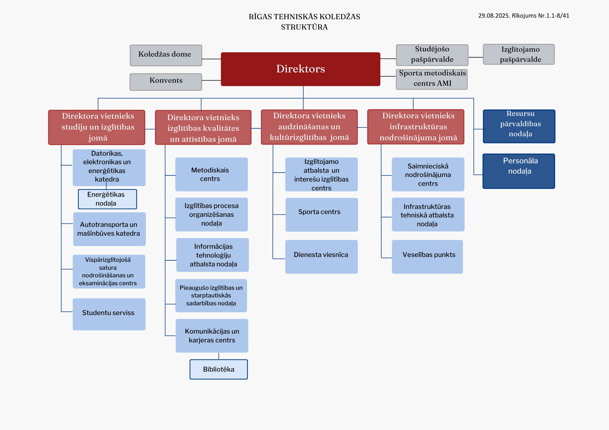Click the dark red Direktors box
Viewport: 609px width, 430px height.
point(301,69)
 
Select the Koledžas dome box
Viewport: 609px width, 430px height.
point(166,55)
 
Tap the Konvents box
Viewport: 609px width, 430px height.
point(166,82)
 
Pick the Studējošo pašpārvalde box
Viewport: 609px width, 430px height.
point(432,55)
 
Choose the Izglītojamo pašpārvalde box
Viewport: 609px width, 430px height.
point(519,54)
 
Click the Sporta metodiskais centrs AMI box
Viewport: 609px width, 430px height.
point(432,79)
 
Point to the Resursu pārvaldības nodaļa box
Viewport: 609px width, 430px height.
point(519,126)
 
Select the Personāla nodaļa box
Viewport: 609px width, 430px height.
point(519,171)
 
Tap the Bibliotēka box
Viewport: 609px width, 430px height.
point(219,369)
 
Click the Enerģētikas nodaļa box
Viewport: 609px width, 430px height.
point(107,199)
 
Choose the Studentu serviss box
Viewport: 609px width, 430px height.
point(109,314)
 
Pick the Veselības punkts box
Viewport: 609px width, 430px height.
point(427,257)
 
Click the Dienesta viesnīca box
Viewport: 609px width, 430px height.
point(322,257)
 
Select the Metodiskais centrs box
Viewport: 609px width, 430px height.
point(212,174)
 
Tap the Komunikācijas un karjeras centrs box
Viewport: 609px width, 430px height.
point(212,336)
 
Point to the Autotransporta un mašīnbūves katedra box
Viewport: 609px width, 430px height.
point(110,229)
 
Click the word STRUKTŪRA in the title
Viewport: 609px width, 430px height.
point(304,27)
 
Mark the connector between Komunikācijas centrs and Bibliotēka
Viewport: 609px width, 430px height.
point(219,356)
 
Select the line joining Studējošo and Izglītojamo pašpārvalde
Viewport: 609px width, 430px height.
point(476,57)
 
